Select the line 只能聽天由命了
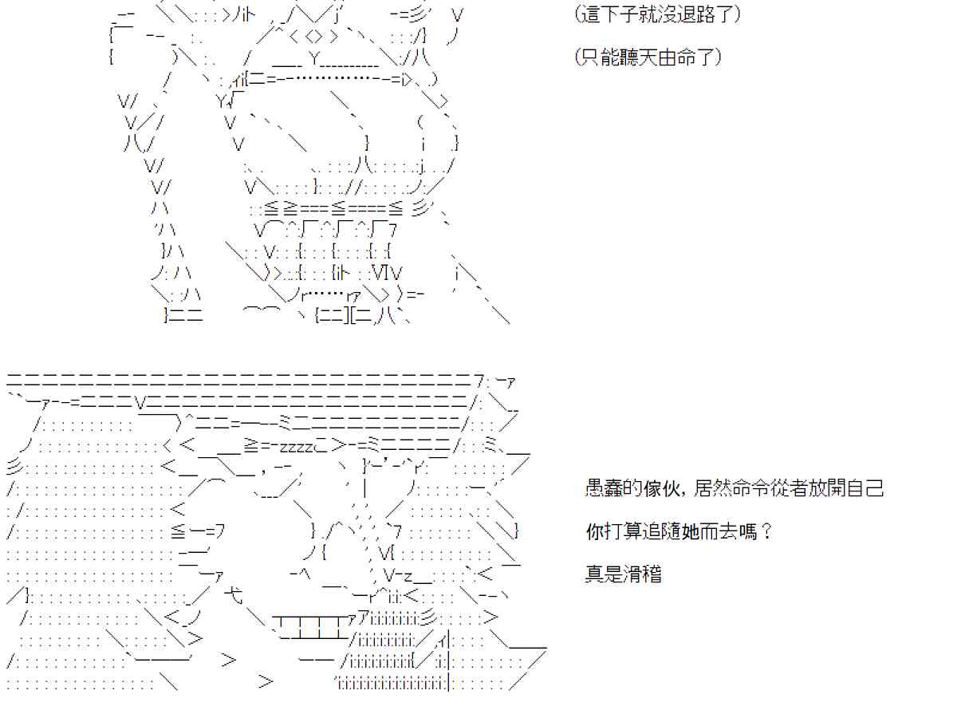click(x=648, y=57)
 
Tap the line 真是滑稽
click(x=623, y=574)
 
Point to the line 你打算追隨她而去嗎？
click(x=679, y=531)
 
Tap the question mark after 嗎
click(x=767, y=531)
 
